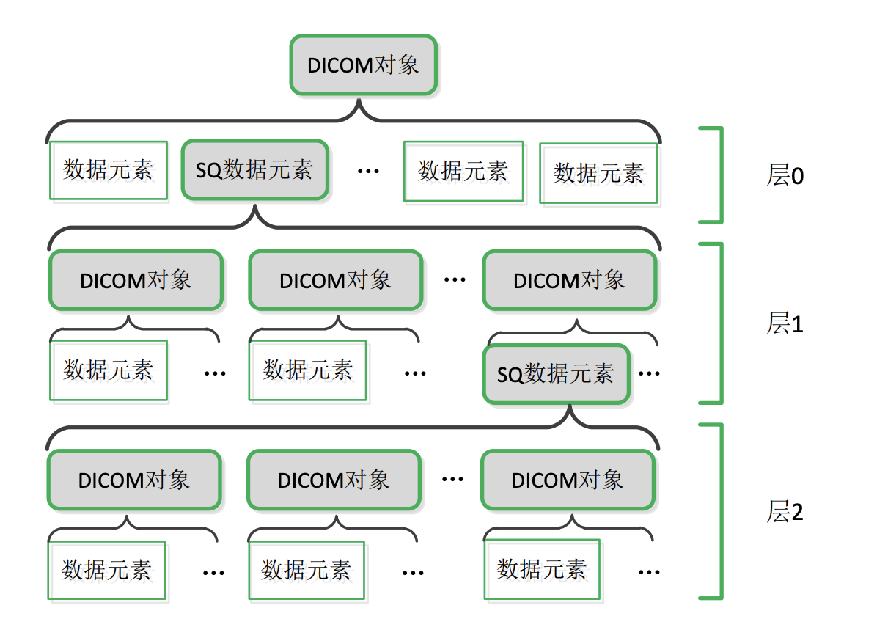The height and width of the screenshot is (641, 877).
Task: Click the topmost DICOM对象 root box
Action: click(x=364, y=65)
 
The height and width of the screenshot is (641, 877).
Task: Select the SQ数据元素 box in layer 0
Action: click(x=255, y=170)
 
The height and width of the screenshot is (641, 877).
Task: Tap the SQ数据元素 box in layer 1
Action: click(x=556, y=375)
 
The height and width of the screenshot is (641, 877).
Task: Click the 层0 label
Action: click(x=785, y=175)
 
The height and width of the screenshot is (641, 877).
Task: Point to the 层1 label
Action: click(x=785, y=323)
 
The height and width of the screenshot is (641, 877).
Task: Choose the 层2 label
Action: click(x=785, y=511)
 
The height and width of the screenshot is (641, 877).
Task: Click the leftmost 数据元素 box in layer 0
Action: click(x=109, y=170)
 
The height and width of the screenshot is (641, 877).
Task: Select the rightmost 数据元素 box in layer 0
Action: click(x=598, y=172)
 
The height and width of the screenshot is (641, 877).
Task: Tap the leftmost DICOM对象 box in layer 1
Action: click(x=136, y=280)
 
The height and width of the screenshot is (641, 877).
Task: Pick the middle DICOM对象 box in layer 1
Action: click(x=335, y=280)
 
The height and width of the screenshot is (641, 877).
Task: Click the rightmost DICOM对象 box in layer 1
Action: click(x=569, y=280)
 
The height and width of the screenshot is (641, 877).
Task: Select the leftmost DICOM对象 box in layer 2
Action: click(x=134, y=480)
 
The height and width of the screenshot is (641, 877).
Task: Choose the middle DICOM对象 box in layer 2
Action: click(x=334, y=480)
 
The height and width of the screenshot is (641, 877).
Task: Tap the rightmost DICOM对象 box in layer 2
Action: click(x=568, y=480)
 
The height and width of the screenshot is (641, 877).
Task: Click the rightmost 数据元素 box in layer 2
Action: click(x=542, y=569)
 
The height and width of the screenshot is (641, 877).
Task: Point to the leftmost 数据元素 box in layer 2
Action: click(x=107, y=570)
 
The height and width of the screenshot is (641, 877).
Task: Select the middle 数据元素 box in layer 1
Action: click(x=307, y=370)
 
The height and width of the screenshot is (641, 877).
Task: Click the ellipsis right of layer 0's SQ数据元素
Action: click(x=368, y=171)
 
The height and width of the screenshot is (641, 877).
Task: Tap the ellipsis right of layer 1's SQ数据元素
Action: click(x=649, y=374)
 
